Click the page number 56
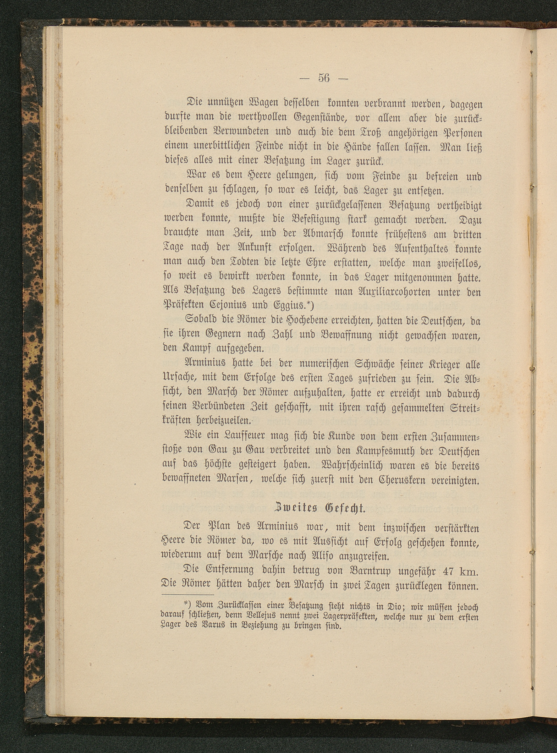tap(323, 78)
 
